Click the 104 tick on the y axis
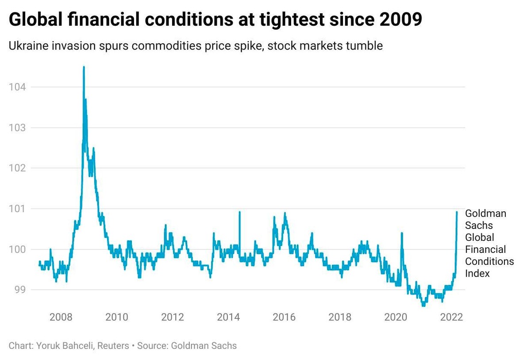click(17, 87)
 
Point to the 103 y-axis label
click(17, 128)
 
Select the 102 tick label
click(17, 168)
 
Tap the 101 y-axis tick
click(17, 209)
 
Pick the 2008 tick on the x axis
click(61, 317)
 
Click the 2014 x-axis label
click(228, 317)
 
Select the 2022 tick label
click(452, 317)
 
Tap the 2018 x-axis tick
click(340, 317)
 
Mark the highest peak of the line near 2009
click(84, 67)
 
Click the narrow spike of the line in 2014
click(239, 212)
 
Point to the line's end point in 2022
click(457, 212)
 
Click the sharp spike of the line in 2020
click(402, 233)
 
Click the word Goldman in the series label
click(485, 213)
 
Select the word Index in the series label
click(477, 274)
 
